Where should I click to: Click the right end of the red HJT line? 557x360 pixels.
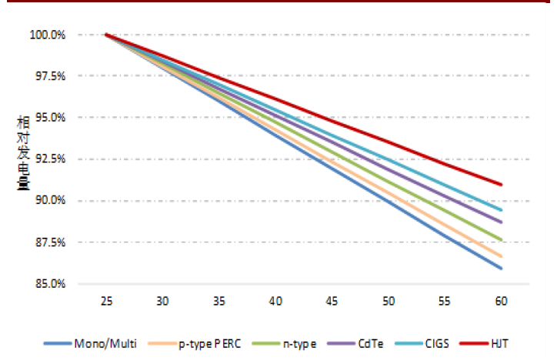click(x=502, y=185)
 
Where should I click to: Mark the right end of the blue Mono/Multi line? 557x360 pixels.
click(x=502, y=268)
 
